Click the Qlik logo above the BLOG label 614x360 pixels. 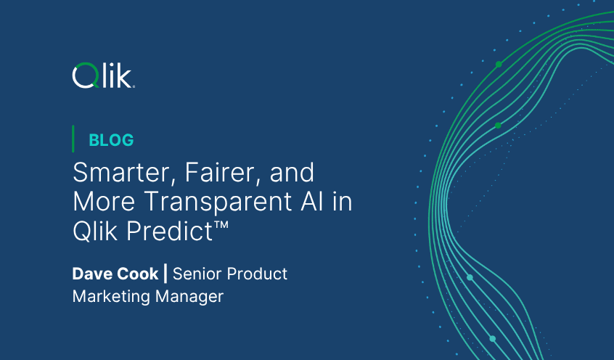pos(103,75)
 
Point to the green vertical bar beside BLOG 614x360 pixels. pos(73,139)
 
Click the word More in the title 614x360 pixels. pos(98,202)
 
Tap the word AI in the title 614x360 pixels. pos(307,202)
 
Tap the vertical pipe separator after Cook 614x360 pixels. pos(166,274)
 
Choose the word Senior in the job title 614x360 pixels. pos(197,274)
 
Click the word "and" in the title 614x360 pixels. pos(290,173)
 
